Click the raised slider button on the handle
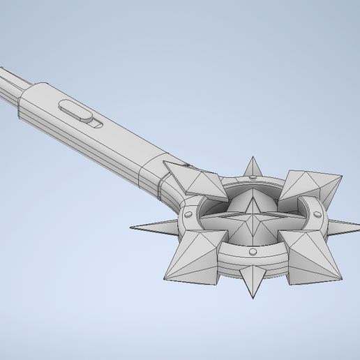[x=74, y=109]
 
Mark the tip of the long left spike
[x=131, y=227]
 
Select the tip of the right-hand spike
[x=358, y=227]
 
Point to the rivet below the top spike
[x=250, y=179]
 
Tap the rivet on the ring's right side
[x=317, y=214]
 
